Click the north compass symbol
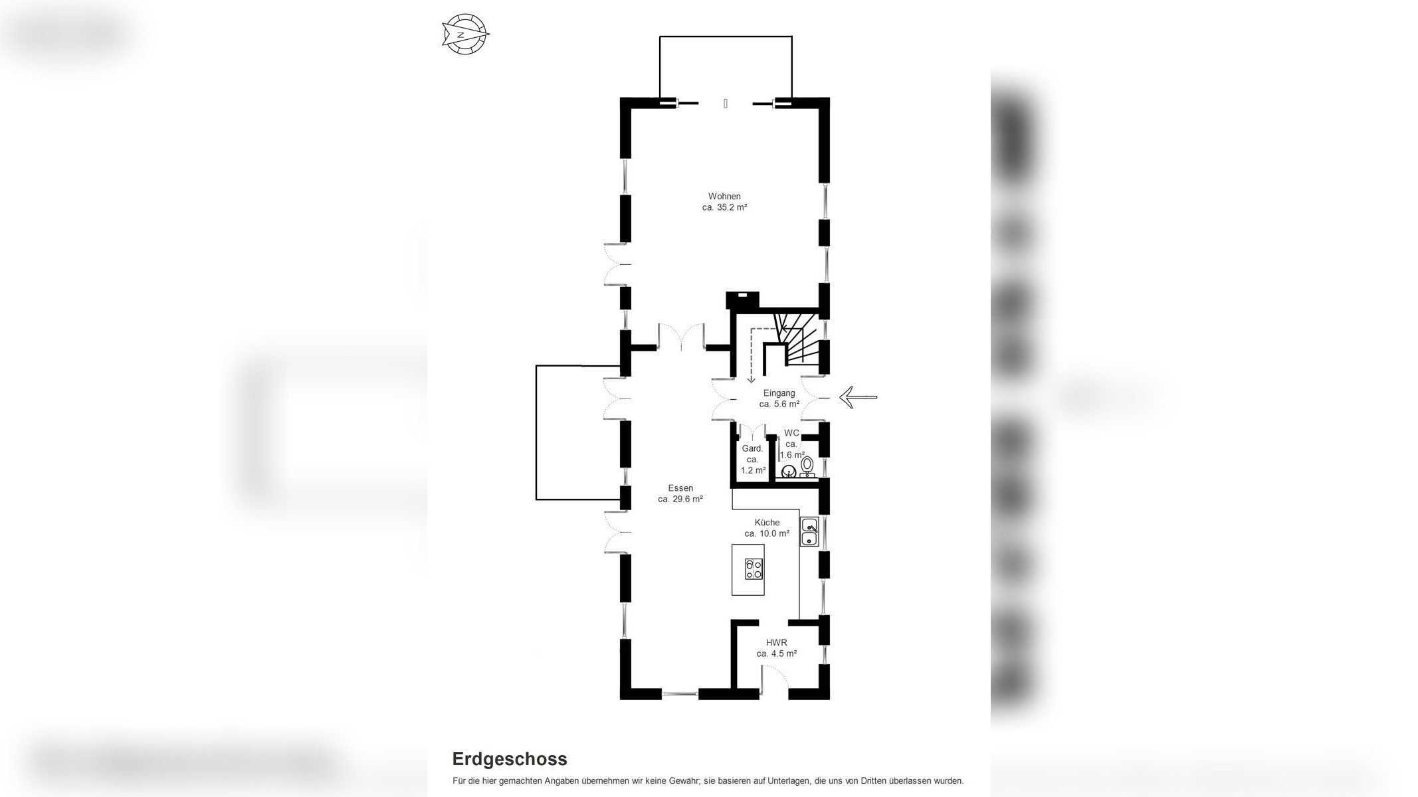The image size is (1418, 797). click(465, 33)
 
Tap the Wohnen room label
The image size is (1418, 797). click(724, 196)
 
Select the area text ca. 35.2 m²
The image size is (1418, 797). click(724, 207)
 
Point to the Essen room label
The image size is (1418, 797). click(680, 488)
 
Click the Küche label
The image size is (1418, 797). click(767, 522)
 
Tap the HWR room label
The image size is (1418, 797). click(776, 642)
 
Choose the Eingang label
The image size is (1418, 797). click(779, 393)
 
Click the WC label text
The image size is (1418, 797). click(791, 433)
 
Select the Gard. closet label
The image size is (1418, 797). click(752, 448)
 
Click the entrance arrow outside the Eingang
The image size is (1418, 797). click(858, 397)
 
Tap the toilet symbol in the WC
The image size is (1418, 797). click(807, 466)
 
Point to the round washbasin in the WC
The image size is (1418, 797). click(789, 472)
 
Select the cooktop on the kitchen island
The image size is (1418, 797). click(754, 569)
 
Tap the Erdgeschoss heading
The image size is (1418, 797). click(510, 758)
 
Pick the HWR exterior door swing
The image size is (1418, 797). click(774, 679)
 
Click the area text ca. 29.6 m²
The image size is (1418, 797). click(680, 499)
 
